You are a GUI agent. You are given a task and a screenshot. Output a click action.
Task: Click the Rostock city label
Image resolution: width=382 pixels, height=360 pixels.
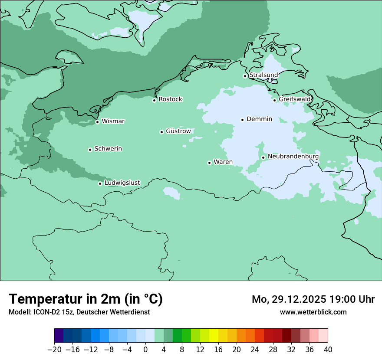coord(170,99)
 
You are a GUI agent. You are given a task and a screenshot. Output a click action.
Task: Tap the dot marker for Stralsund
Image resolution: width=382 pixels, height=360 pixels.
coord(245,76)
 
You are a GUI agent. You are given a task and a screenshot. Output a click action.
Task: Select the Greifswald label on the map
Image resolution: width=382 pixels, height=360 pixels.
coord(295,99)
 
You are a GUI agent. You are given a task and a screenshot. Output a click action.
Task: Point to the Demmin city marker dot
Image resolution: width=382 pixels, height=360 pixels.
coord(243,120)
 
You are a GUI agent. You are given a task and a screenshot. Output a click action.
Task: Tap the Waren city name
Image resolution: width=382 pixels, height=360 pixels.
coord(223,162)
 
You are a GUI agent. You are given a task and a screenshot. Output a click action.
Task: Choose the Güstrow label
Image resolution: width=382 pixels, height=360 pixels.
coord(178,131)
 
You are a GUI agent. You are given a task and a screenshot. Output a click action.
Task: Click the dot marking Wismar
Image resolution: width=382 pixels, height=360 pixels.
coord(97,122)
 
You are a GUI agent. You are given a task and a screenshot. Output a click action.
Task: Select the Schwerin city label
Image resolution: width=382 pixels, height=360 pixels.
coord(108,149)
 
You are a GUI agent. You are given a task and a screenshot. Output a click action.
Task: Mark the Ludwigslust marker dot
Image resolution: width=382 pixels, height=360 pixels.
coord(100,183)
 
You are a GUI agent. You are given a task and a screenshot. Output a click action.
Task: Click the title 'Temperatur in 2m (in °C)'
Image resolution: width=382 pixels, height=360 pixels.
coord(86,299)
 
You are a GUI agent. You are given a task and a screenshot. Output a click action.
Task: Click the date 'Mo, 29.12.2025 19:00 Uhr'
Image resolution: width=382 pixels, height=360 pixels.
coord(313,299)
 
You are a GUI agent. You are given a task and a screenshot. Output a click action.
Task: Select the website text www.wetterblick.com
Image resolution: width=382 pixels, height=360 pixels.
coord(313,312)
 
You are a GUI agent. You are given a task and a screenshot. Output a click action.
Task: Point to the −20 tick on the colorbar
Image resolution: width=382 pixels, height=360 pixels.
coord(54,350)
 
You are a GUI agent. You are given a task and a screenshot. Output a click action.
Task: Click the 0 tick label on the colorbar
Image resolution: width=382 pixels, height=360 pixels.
coord(145,350)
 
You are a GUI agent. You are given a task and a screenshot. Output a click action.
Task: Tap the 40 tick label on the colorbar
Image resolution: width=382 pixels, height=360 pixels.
coord(328,350)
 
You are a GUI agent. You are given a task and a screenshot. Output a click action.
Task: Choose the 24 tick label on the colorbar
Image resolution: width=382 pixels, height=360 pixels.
coord(255,350)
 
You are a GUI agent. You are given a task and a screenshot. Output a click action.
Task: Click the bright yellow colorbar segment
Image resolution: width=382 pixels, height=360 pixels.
coord(214,336)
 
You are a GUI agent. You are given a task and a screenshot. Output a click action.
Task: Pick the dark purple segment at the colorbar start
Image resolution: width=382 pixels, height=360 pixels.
coord(59,336)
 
